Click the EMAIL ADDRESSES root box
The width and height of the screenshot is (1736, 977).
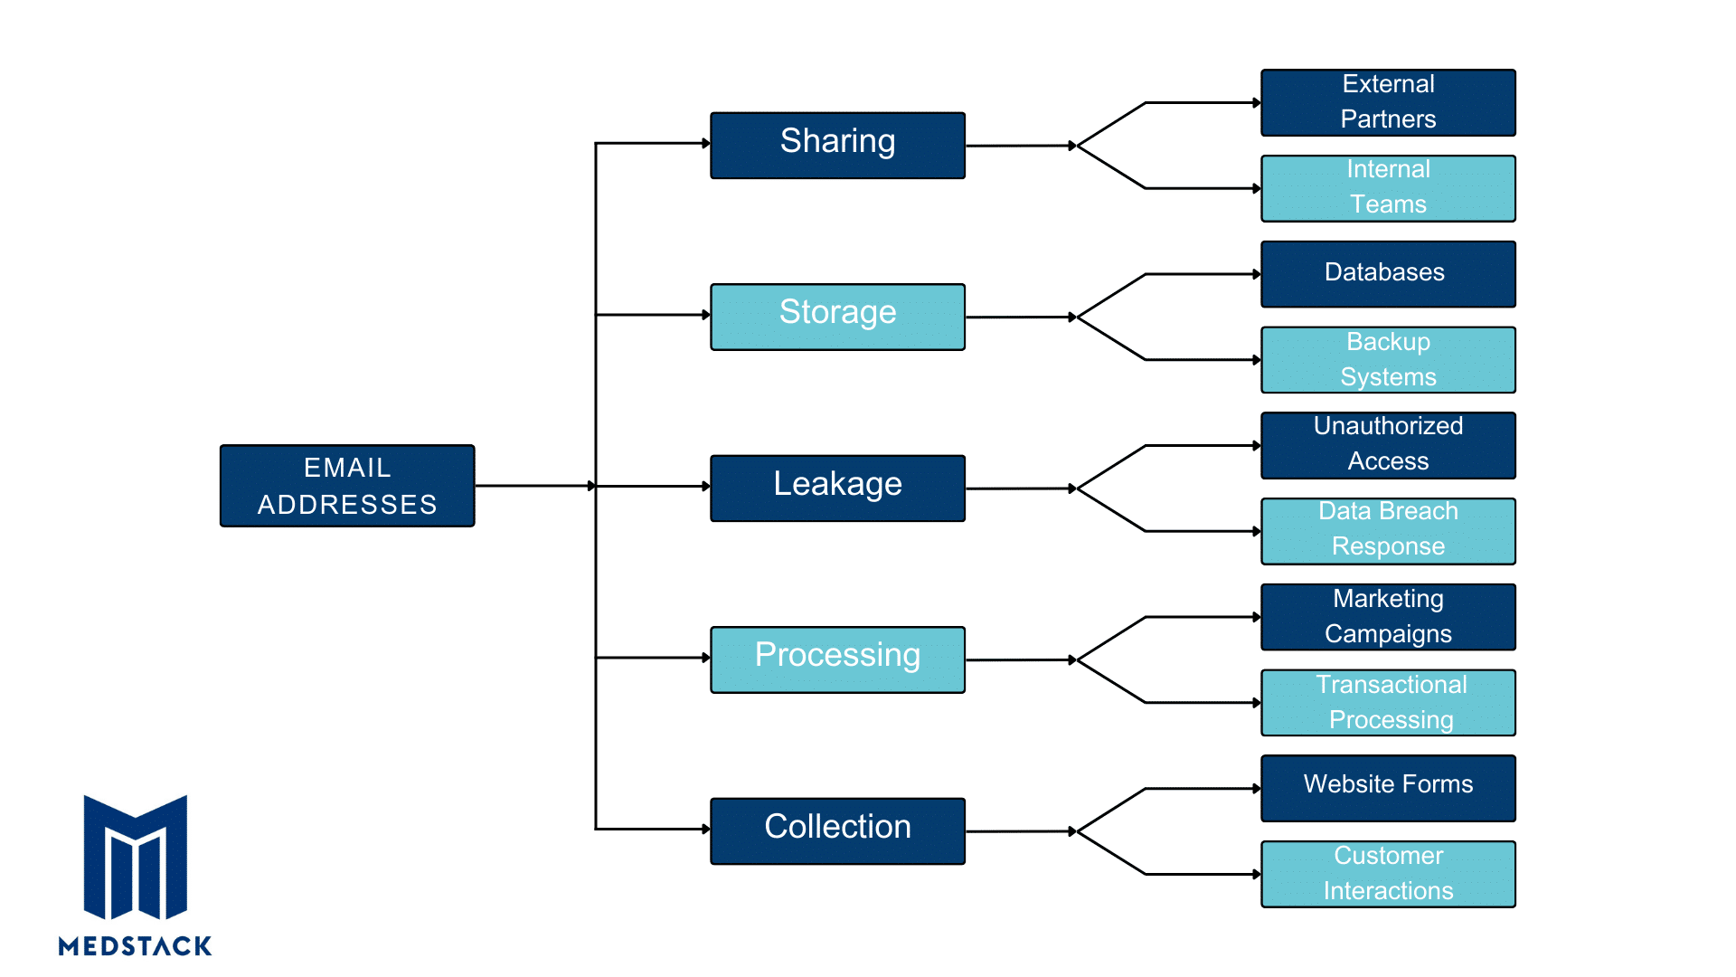click(x=347, y=486)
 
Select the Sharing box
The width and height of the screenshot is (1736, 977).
click(x=837, y=146)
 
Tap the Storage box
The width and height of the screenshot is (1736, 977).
click(x=837, y=317)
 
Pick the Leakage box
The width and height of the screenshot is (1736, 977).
click(x=837, y=488)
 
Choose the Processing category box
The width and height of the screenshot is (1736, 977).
click(x=837, y=659)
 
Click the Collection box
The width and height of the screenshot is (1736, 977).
click(x=837, y=831)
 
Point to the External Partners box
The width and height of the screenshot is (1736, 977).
click(x=1388, y=102)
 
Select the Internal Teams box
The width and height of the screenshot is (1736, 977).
click(x=1388, y=188)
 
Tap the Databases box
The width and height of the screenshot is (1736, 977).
click(x=1388, y=274)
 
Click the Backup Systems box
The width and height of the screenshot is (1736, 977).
click(x=1388, y=360)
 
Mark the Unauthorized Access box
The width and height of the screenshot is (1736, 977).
click(x=1388, y=445)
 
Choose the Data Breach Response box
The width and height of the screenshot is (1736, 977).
click(x=1388, y=531)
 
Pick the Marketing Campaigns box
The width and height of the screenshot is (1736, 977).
click(x=1388, y=617)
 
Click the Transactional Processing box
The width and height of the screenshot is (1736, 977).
click(x=1388, y=703)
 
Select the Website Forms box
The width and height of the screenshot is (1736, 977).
click(x=1388, y=788)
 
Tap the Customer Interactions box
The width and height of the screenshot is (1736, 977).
click(x=1388, y=874)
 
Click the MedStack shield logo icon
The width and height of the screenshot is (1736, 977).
click(x=136, y=857)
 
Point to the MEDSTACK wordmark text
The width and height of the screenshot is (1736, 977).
click(x=136, y=946)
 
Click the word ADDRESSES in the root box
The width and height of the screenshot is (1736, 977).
click(x=347, y=505)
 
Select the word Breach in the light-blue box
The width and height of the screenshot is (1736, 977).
click(x=1416, y=511)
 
